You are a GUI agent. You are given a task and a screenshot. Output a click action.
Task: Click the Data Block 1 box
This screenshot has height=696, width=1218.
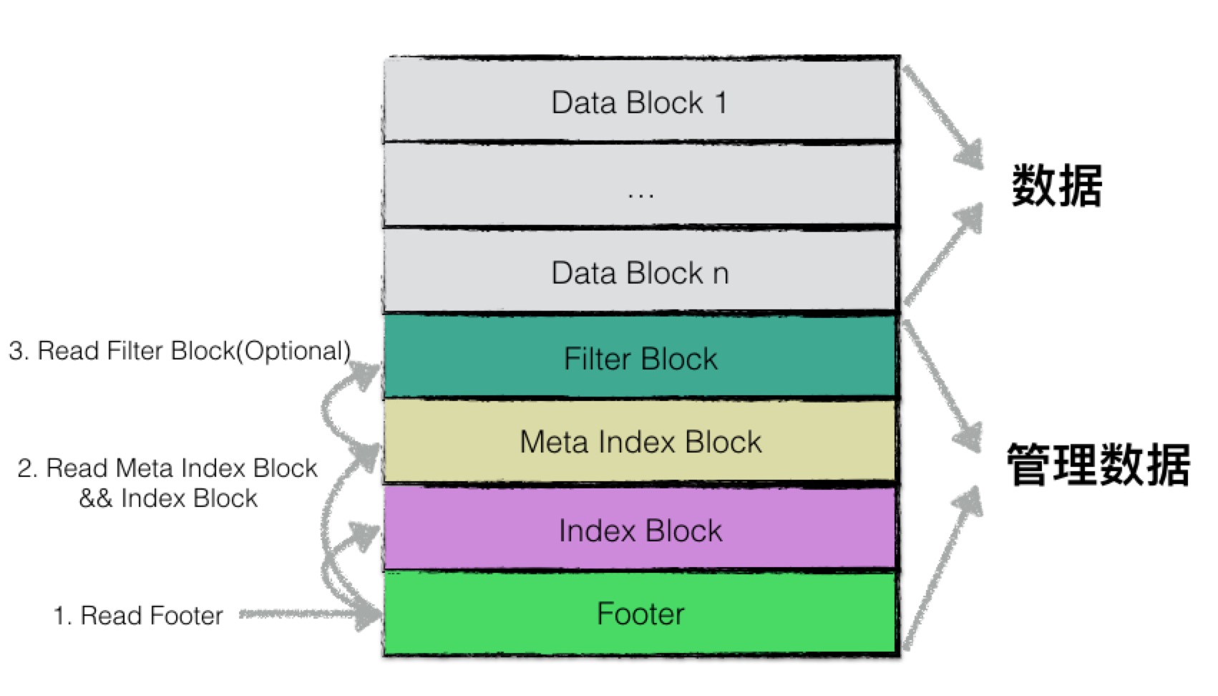tap(640, 100)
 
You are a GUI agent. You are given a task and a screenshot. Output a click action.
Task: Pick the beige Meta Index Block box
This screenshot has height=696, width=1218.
tap(640, 441)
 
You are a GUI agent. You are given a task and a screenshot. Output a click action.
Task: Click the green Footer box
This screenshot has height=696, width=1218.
tap(640, 614)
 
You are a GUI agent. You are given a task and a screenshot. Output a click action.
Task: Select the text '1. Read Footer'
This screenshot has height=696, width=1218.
tap(138, 616)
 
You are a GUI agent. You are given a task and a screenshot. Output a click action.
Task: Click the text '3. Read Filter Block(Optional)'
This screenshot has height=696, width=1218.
tap(180, 351)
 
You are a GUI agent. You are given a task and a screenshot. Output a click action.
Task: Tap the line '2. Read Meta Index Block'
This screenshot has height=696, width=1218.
tap(167, 468)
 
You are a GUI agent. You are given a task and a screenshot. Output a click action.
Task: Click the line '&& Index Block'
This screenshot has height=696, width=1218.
tap(168, 498)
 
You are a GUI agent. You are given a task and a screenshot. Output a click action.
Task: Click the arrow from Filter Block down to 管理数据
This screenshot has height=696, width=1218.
tap(941, 387)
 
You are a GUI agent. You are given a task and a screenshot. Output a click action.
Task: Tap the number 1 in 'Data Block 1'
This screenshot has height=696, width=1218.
tap(721, 102)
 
